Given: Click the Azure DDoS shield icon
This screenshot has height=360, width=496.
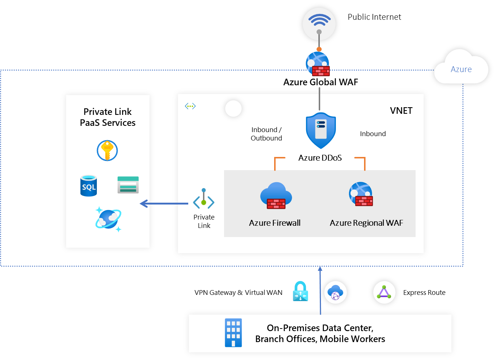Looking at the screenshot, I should tap(321, 130).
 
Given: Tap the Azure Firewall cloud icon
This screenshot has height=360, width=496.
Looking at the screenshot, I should tap(276, 196).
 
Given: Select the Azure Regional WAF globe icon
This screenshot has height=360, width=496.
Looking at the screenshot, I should tap(361, 194).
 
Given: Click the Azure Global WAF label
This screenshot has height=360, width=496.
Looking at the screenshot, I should tap(321, 82).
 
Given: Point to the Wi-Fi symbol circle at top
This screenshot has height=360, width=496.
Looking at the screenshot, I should tap(319, 23).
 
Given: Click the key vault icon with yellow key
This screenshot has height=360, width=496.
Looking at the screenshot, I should tap(107, 150).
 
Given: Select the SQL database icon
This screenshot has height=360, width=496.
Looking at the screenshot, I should tap(89, 186).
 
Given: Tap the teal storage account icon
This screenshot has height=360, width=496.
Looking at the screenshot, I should tap(128, 185).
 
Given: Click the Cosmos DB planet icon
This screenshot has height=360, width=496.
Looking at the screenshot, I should tap(108, 219).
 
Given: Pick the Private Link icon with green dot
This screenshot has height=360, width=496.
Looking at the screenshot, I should tap(204, 199).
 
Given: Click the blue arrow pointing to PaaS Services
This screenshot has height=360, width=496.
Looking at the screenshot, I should tap(164, 203).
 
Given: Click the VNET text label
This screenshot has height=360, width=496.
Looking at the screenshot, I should tap(401, 111).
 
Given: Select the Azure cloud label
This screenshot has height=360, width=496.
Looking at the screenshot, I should tap(461, 69).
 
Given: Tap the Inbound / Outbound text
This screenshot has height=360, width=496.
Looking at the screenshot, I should tap(266, 134).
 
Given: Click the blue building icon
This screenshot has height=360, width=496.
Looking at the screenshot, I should tap(233, 333).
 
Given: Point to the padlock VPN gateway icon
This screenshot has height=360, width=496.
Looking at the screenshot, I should tap(300, 292).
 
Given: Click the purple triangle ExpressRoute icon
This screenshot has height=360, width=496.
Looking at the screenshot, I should tap(384, 292).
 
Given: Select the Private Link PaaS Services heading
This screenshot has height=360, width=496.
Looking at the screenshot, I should tap(108, 117).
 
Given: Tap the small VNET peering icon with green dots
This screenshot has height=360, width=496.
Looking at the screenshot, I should tap(190, 106).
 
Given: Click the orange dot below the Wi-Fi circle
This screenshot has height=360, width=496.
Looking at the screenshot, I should tap(319, 49).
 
